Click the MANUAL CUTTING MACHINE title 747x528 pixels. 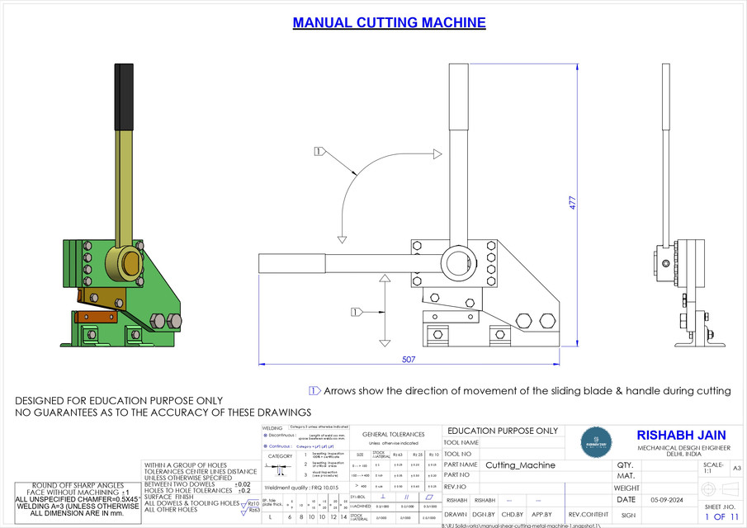(x=389, y=23)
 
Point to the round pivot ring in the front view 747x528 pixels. (x=456, y=262)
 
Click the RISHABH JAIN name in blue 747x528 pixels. (x=680, y=435)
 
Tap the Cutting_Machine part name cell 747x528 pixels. (x=520, y=465)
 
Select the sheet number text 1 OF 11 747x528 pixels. (x=720, y=517)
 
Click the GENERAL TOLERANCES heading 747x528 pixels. (x=394, y=434)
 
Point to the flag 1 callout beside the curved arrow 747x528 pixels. (x=320, y=151)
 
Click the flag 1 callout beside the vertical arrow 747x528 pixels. (x=357, y=312)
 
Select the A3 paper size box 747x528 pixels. (x=737, y=468)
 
